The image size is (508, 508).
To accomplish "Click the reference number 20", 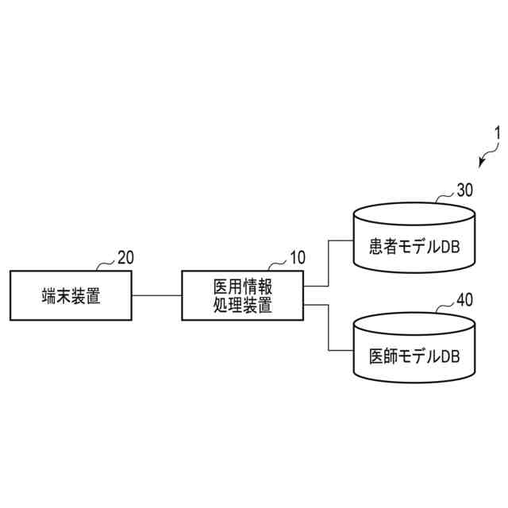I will pos(125,257).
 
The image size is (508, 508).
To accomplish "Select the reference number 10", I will pos(296,257).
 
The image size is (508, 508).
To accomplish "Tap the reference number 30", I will pos(464,191).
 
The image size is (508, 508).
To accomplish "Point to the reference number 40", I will pos(464,300).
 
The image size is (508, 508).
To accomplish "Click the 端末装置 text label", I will pos(71,295).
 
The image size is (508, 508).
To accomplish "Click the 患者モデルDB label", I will pos(414,247).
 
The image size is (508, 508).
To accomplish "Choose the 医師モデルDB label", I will pos(414,356).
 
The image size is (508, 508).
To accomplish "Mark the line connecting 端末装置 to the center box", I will pos(156,295).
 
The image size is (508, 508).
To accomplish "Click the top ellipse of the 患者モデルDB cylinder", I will pos(414,214).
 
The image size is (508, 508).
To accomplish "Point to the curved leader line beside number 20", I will pos(106,263).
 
